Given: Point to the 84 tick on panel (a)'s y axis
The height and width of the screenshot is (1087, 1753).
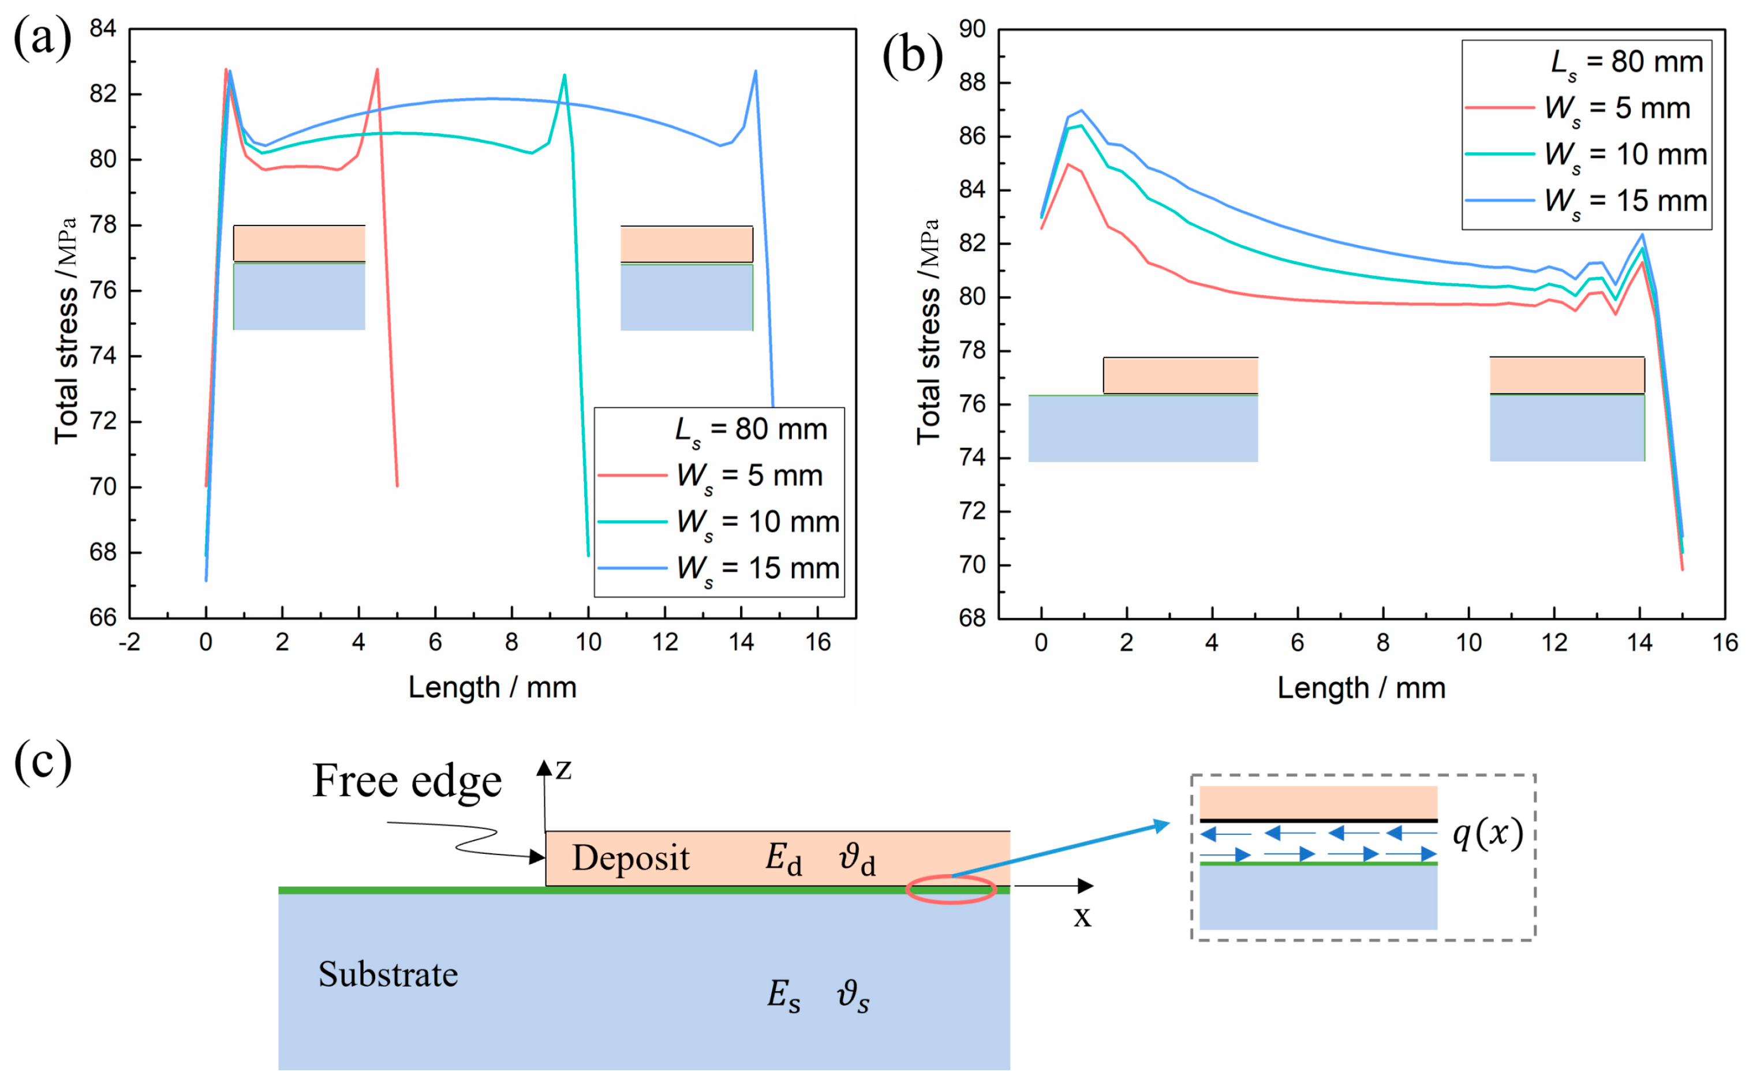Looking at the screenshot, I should [103, 29].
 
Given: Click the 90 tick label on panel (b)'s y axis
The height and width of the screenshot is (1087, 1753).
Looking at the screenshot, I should [972, 29].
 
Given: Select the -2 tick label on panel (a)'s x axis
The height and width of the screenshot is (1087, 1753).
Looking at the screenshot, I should [129, 642].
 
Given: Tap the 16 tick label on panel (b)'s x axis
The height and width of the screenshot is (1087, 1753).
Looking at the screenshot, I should [1724, 643].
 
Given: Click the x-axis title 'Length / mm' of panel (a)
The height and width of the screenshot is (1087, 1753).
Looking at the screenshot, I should [492, 688].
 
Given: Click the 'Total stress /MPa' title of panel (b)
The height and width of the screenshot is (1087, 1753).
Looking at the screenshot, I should [928, 331].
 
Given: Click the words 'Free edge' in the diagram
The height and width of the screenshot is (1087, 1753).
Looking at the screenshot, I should [407, 781].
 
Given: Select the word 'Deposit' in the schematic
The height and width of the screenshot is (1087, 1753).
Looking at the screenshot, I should [630, 859].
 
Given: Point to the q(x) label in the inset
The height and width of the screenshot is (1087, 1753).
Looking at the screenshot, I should [1487, 834].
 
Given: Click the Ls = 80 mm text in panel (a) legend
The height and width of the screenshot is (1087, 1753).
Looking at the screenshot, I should [752, 430].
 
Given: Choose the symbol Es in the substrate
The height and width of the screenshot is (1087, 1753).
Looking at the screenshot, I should [783, 996].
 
